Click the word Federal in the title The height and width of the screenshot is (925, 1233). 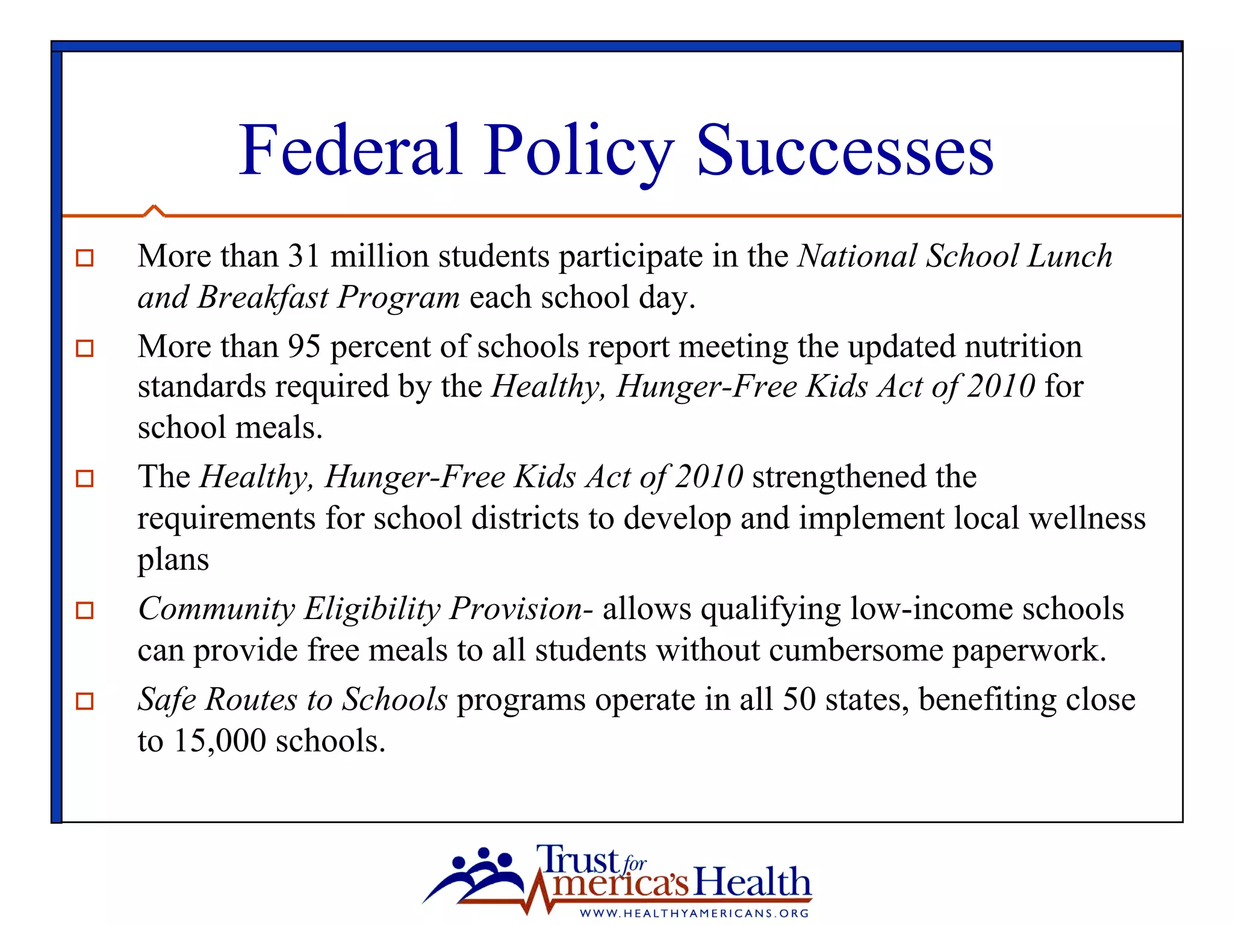(x=350, y=151)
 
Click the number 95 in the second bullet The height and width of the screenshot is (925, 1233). (x=303, y=347)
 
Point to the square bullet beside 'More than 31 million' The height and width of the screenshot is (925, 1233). (x=85, y=258)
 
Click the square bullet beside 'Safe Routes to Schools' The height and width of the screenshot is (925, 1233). (x=85, y=701)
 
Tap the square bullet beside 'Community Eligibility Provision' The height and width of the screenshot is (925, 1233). (x=85, y=610)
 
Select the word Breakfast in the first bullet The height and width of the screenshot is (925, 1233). (x=263, y=297)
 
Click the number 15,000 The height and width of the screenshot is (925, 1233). (x=220, y=741)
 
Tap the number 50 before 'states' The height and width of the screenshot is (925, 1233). (x=798, y=700)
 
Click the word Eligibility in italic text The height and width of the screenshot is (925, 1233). (x=372, y=609)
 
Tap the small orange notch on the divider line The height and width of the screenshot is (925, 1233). (x=154, y=210)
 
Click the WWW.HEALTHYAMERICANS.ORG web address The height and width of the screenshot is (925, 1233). (x=694, y=913)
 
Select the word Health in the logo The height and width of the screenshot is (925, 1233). (x=752, y=883)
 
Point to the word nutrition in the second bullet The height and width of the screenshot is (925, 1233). (x=1023, y=347)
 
